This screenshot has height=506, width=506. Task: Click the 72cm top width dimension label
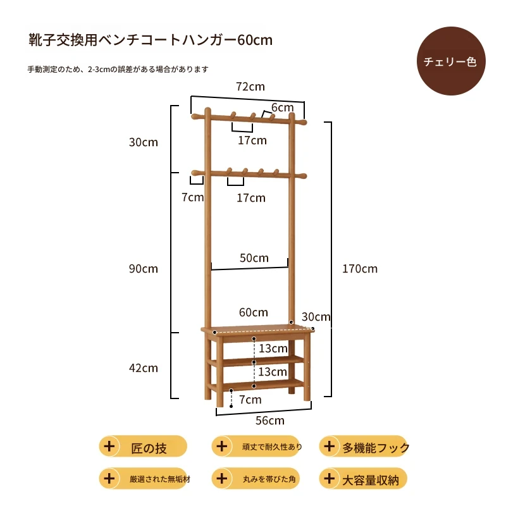coord(250,87)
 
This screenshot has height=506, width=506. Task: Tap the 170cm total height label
coord(359,268)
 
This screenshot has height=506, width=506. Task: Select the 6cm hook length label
coord(282,108)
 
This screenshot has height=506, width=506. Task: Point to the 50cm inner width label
coord(254,258)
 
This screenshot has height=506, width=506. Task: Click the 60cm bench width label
coord(254,312)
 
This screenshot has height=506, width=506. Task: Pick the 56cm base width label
coord(270,421)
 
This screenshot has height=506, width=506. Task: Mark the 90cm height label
coord(144,268)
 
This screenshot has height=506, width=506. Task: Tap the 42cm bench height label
coord(144,368)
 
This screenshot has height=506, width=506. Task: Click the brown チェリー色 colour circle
coord(451,61)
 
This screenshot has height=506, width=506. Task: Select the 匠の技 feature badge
coord(143,447)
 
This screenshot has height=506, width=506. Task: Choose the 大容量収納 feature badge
coord(363,479)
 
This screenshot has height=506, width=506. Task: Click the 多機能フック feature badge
coord(363,447)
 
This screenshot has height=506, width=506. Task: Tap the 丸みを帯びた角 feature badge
coord(256,479)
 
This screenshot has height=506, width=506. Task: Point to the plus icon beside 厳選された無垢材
coord(109,478)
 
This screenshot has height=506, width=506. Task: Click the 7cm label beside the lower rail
coord(192,197)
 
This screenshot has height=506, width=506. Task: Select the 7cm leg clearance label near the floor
coord(250,400)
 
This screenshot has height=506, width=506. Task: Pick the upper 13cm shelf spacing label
coord(273,349)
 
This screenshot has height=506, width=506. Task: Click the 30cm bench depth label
coord(316,317)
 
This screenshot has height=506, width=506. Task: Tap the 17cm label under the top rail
coord(252,140)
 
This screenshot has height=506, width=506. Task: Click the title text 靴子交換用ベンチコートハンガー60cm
coord(151,40)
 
